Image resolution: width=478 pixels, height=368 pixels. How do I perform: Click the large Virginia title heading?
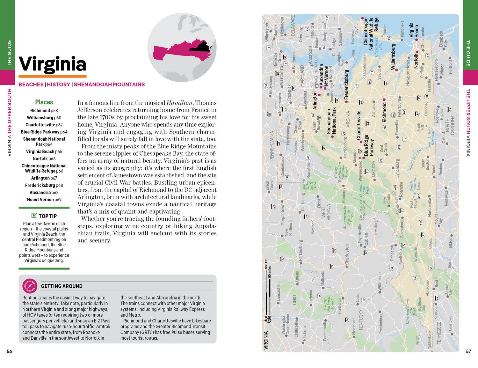(53, 64)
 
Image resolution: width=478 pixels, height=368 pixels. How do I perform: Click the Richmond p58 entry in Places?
(44, 111)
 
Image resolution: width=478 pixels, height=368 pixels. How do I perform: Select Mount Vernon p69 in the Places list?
(44, 200)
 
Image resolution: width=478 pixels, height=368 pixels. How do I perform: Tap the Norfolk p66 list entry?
(44, 158)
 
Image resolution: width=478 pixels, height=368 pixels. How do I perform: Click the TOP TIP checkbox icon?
(34, 216)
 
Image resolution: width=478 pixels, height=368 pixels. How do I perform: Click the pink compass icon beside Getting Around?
(30, 286)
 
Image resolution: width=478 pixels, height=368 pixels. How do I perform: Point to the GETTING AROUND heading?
(62, 286)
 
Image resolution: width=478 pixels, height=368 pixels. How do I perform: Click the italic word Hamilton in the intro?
(179, 103)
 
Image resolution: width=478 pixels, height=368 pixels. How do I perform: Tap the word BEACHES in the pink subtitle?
(31, 85)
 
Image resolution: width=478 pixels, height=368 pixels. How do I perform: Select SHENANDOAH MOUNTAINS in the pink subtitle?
(109, 85)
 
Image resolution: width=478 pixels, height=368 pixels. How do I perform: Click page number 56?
(9, 351)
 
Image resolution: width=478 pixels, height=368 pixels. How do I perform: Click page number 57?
(468, 351)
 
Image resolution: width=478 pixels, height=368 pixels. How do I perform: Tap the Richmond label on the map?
(384, 112)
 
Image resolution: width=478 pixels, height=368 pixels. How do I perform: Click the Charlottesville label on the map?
(358, 125)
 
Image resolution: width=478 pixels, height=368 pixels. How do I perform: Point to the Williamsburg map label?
(393, 56)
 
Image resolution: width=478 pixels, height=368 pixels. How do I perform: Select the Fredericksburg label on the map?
(347, 84)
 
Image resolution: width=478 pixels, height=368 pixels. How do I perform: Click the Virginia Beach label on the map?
(414, 30)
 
